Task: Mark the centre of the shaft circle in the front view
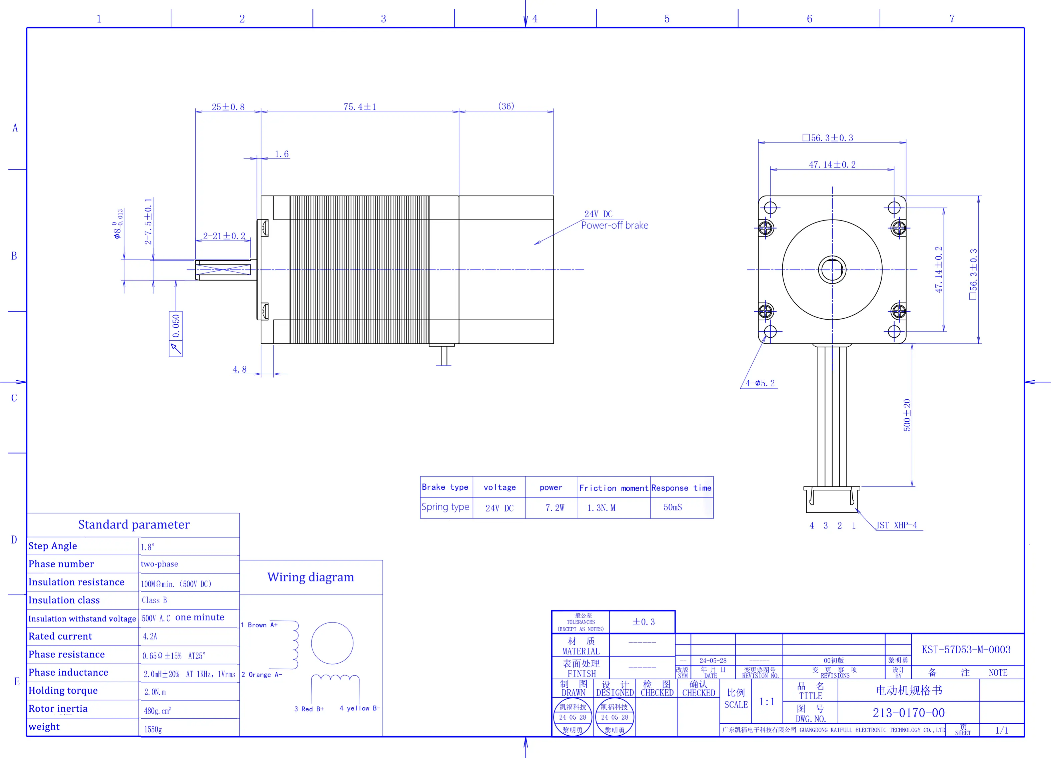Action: tap(832, 269)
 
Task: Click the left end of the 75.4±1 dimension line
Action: tap(261, 112)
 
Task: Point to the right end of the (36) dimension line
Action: tap(553, 112)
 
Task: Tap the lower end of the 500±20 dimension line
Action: tap(912, 486)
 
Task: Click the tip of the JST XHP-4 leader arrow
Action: tap(856, 508)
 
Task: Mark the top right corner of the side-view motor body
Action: tap(553, 196)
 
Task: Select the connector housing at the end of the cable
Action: tap(832, 499)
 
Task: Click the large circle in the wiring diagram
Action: tap(332, 643)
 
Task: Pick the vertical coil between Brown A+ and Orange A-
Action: tap(295, 645)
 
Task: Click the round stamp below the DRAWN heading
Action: tap(573, 718)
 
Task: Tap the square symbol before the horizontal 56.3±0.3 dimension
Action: tap(806, 138)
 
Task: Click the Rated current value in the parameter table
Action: tap(150, 637)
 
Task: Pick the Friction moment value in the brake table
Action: tap(601, 508)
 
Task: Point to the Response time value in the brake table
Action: tap(673, 507)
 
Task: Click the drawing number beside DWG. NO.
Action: tap(908, 713)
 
